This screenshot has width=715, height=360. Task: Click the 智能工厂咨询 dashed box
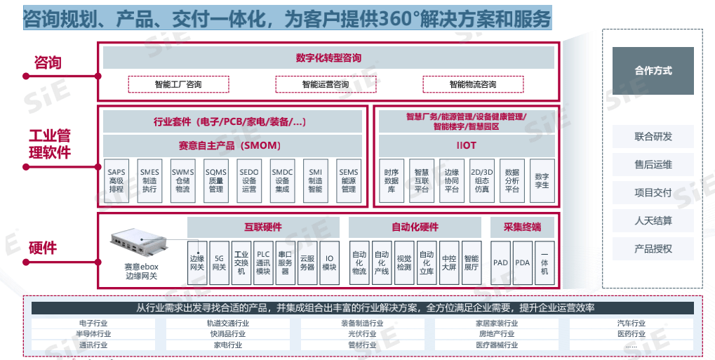[178, 85]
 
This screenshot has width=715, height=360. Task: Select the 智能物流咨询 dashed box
[473, 85]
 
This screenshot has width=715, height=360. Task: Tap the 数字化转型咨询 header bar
[328, 58]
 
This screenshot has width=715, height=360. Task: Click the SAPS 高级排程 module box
[116, 180]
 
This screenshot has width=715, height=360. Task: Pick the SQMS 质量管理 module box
[215, 180]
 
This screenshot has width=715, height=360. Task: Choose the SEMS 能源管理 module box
[348, 180]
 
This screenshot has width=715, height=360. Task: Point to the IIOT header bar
[466, 146]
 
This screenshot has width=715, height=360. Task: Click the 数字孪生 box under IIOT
[542, 180]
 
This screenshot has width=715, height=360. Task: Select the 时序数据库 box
[392, 180]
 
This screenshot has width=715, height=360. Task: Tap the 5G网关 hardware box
[219, 262]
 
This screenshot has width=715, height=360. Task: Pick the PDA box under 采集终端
[522, 262]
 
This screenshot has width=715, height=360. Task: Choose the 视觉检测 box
[404, 262]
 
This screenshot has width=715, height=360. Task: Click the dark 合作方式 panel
[653, 71]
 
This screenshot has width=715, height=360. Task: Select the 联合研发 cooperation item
[653, 137]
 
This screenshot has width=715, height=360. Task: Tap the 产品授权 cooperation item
[653, 248]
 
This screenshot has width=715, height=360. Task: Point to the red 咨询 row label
[48, 63]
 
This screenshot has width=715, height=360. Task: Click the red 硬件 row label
[43, 248]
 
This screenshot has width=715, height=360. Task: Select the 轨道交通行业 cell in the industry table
[227, 324]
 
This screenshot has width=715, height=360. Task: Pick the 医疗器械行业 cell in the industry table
[497, 345]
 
